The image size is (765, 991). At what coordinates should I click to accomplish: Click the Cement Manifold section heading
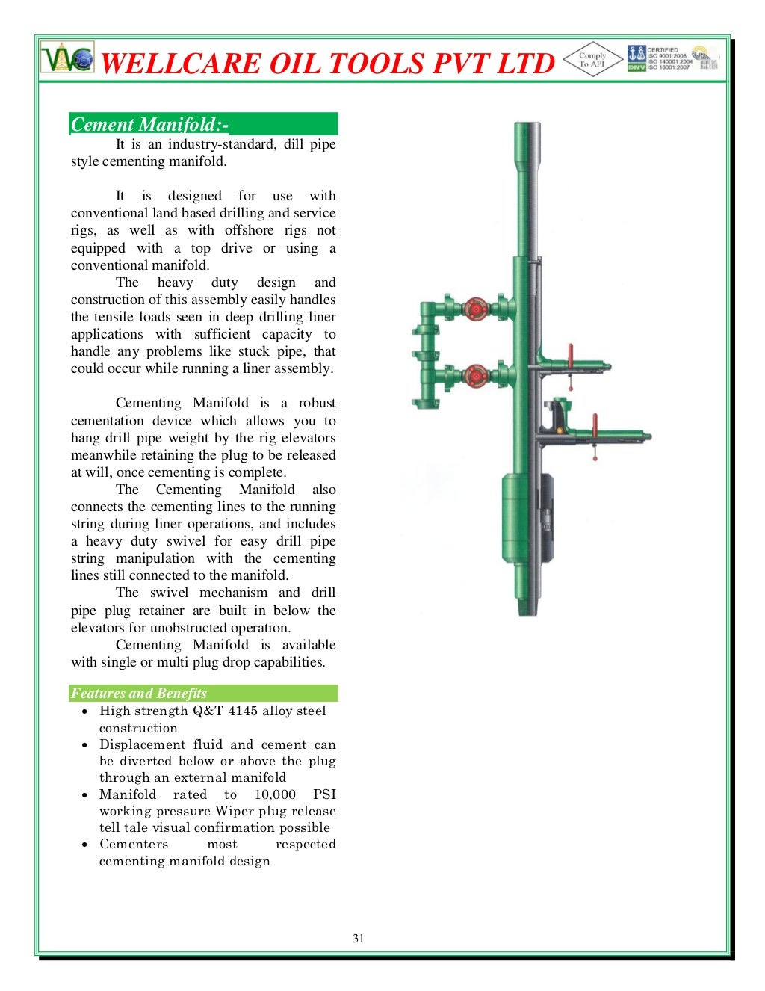[149, 124]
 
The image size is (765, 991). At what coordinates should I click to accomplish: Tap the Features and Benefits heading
[139, 693]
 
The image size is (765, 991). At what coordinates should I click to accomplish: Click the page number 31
[359, 938]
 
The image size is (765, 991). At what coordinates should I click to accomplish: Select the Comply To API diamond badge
[592, 60]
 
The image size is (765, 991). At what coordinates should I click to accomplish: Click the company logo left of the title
[67, 58]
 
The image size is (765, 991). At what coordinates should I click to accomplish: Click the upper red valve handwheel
[475, 308]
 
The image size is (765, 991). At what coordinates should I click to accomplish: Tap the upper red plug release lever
[571, 357]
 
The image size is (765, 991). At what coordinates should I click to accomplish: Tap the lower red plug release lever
[595, 426]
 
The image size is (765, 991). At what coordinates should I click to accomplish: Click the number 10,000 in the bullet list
[275, 794]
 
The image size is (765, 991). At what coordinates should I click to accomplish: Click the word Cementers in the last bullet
[134, 844]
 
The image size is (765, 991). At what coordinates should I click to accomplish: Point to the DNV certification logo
[637, 58]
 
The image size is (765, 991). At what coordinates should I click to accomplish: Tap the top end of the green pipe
[527, 129]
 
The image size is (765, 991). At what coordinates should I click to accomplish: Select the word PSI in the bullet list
[324, 794]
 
